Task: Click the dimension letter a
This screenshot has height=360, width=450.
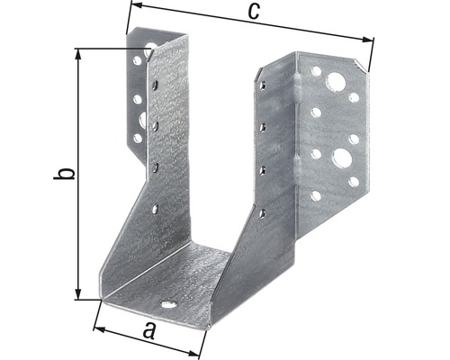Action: (149, 331)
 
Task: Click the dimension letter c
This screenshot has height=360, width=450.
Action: (254, 11)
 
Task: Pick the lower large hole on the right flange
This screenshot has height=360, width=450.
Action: (341, 159)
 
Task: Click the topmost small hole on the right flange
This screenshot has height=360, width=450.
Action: (316, 70)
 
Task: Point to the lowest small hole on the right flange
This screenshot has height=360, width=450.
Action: (315, 194)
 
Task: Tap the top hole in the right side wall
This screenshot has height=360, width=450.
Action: (263, 86)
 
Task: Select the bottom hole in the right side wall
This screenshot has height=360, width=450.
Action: (262, 212)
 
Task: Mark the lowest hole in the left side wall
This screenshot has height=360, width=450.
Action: (154, 209)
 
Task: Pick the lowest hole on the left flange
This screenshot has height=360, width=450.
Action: (137, 139)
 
